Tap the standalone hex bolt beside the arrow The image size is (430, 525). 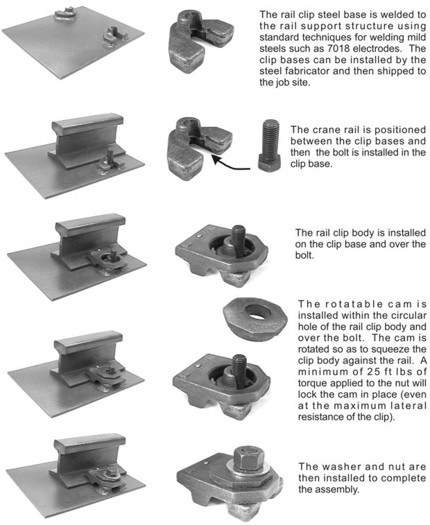pos(270,146)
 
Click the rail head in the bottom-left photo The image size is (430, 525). pos(90,442)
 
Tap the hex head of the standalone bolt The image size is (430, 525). pos(270,164)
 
